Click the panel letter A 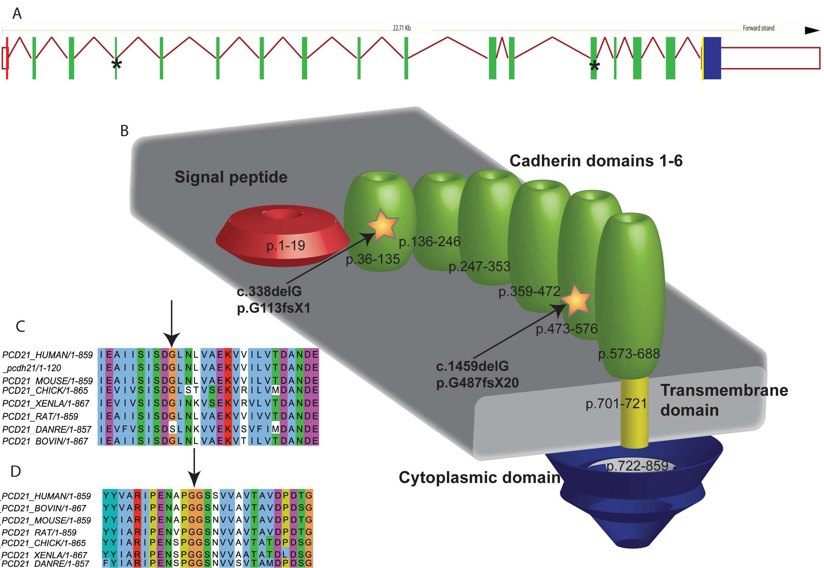[17, 14]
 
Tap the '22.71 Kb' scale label [401, 28]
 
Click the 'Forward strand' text [758, 28]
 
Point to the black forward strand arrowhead [812, 31]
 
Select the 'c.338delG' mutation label [269, 291]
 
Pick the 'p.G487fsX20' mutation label [477, 383]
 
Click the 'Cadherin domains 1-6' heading [596, 161]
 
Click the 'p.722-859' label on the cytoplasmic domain [637, 466]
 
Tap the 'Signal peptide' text [231, 177]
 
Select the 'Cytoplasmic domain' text [479, 478]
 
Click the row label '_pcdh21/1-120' [32, 368]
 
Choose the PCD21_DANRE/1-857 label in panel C [47, 429]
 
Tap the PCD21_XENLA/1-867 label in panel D [45, 555]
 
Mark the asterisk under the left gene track [117, 65]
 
